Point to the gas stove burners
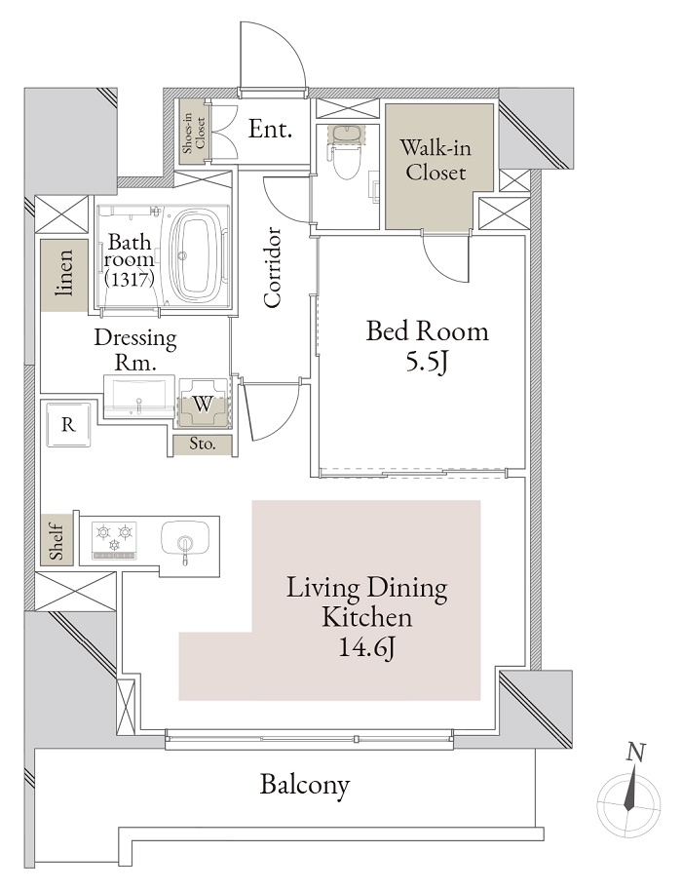pos(115,538)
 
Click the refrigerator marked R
pos(69,424)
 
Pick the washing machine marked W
pos(203,404)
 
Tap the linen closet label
pos(64,273)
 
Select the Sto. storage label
pos(202,444)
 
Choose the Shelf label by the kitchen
pos(57,541)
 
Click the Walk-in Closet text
pos(436,160)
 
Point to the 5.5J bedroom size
pos(427,361)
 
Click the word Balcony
pos(305,786)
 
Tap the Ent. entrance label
pos(270,129)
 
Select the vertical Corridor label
pos(273,268)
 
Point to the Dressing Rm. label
pos(135,349)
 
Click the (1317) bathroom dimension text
pos(131,279)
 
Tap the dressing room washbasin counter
pos(138,396)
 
